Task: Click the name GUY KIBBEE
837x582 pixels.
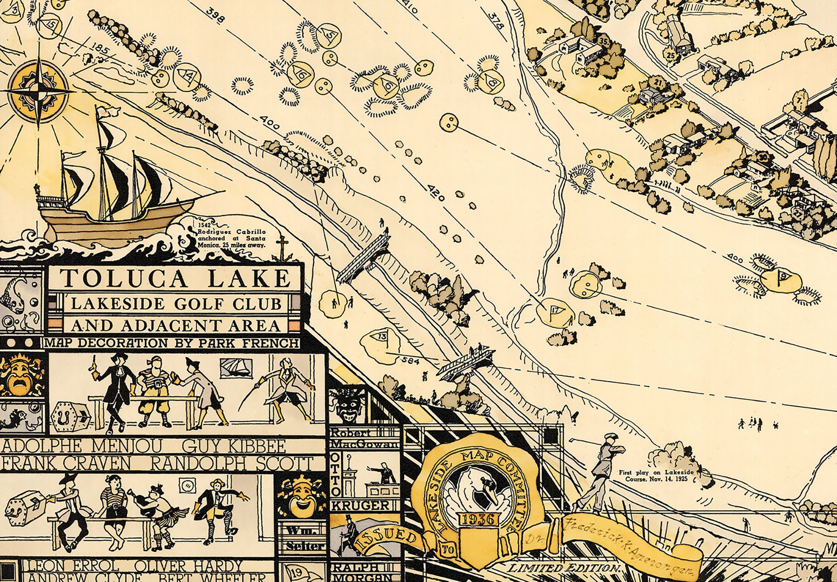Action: (234, 446)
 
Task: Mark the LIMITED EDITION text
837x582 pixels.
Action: (563, 568)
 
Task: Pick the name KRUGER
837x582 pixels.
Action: (359, 505)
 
